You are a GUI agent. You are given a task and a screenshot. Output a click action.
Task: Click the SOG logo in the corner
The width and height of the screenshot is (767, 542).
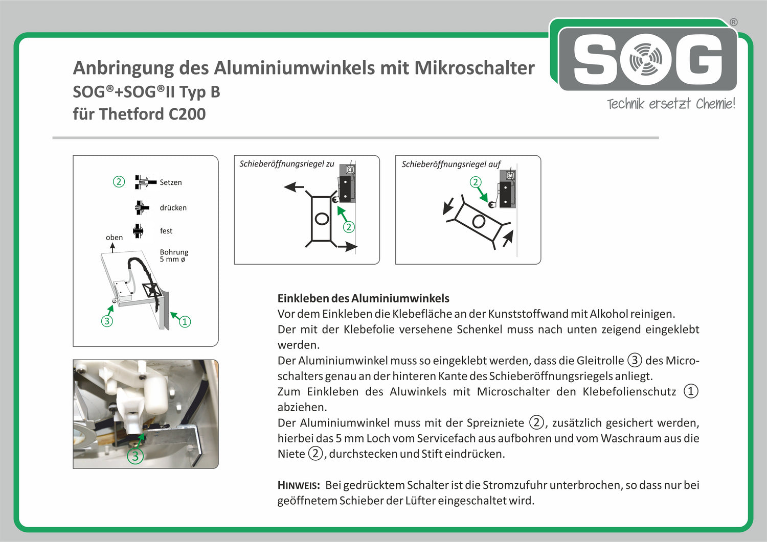(x=647, y=59)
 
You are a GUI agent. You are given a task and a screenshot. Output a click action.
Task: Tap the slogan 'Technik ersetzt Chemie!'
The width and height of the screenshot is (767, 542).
(x=670, y=104)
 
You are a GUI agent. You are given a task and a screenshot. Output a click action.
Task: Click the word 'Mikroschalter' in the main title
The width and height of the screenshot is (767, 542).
(x=474, y=68)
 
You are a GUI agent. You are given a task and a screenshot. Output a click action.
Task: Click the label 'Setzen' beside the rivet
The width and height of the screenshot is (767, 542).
(x=170, y=182)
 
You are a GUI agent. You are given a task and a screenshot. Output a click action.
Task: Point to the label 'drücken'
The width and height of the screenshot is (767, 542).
(x=173, y=208)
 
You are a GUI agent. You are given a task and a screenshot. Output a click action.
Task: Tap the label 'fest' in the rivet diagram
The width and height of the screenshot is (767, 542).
(x=166, y=231)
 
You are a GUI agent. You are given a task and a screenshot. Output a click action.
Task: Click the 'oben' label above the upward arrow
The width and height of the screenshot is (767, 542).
(x=114, y=238)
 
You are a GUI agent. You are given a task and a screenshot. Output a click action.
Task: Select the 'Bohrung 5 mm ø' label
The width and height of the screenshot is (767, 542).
(x=174, y=255)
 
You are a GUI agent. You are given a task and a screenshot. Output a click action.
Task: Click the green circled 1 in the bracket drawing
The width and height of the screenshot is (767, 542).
(x=185, y=322)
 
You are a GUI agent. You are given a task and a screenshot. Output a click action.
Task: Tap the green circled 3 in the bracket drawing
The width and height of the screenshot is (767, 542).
(x=107, y=321)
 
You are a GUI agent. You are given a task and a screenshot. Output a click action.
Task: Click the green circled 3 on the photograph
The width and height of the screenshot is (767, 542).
(x=135, y=456)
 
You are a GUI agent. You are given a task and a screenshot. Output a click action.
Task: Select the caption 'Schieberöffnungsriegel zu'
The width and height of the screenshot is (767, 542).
(x=286, y=164)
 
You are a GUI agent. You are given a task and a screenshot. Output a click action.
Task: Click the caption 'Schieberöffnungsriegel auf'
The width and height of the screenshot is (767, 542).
(x=450, y=164)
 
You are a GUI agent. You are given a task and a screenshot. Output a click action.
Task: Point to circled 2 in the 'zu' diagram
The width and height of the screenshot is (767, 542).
(x=349, y=227)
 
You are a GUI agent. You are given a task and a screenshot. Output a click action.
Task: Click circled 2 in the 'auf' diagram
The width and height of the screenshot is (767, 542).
(x=476, y=182)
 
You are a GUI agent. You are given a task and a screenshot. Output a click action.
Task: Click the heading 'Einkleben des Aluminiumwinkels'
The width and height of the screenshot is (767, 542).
(x=363, y=298)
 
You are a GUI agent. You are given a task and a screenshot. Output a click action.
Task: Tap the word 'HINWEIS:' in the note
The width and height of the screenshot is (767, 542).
(x=299, y=485)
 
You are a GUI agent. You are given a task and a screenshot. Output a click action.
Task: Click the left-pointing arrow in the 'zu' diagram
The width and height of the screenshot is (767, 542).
(x=294, y=187)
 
